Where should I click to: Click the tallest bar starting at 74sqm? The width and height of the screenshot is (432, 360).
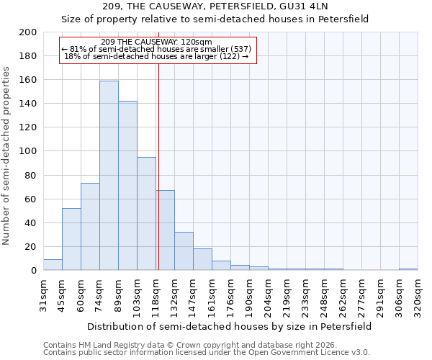[109, 176]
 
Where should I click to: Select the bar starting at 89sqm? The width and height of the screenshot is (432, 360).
[127, 186]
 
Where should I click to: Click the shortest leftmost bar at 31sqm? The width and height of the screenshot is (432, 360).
[53, 265]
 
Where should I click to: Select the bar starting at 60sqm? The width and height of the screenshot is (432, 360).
[90, 227]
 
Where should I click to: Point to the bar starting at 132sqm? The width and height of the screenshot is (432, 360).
[184, 251]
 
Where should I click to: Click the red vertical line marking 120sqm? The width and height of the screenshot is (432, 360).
[158, 166]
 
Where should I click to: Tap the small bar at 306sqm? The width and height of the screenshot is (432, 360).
[408, 269]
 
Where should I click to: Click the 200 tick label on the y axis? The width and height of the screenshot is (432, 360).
[28, 32]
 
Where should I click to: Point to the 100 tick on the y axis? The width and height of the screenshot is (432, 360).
[28, 151]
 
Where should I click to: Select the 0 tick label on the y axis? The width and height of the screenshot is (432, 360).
[33, 270]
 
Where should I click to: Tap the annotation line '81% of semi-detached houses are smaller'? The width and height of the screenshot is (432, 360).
[157, 49]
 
